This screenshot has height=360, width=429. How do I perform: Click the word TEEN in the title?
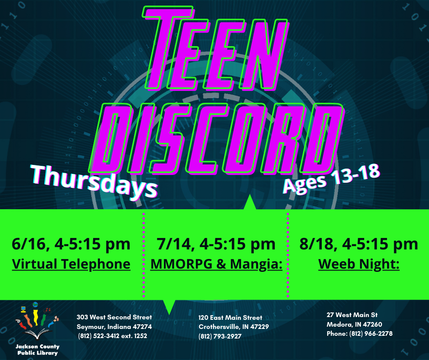tap(215, 49)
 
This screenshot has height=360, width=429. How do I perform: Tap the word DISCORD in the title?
tap(216, 139)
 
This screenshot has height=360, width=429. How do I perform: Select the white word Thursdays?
tap(94, 181)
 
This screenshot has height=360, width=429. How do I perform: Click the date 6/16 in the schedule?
tap(29, 244)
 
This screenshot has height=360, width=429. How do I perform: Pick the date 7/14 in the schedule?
tap(174, 244)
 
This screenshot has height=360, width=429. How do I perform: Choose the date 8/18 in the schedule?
tap(317, 244)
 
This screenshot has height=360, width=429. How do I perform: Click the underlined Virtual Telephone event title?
tap(71, 265)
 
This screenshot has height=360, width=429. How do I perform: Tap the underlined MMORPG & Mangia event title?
tap(216, 265)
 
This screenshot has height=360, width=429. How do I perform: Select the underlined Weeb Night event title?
tap(359, 265)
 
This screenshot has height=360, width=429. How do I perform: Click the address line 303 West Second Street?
tap(114, 317)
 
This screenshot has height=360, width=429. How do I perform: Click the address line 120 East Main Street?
tap(230, 318)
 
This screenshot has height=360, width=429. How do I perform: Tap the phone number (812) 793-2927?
tap(220, 336)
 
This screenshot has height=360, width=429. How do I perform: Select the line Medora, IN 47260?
tap(354, 324)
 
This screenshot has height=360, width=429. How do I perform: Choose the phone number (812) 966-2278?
tap(371, 334)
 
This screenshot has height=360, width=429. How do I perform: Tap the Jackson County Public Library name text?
tap(37, 350)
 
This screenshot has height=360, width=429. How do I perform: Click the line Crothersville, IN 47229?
tap(234, 327)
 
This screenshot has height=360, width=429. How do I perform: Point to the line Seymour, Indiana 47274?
tap(114, 327)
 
